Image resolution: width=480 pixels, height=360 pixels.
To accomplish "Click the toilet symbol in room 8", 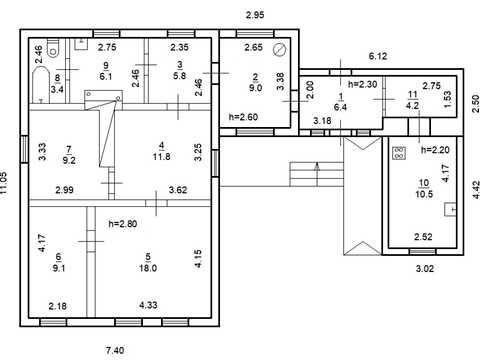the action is click(x=53, y=48).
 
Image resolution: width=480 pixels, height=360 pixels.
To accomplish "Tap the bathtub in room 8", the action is click(x=41, y=85).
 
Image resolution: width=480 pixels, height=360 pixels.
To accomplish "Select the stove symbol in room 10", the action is click(x=399, y=153).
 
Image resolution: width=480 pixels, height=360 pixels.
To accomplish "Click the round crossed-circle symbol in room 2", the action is click(x=279, y=50).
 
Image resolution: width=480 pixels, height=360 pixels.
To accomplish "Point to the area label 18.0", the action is click(x=148, y=268).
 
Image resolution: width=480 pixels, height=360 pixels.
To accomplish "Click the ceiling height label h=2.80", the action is click(x=123, y=224).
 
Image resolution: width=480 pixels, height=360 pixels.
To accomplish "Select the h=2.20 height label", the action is click(x=435, y=150).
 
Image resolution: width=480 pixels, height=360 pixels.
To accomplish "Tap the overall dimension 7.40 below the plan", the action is click(x=115, y=350).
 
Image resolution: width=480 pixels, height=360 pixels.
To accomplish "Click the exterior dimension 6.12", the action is click(x=378, y=56).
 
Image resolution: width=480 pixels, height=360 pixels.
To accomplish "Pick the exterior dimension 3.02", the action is click(x=425, y=268).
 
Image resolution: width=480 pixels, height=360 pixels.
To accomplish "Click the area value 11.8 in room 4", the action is click(x=162, y=156).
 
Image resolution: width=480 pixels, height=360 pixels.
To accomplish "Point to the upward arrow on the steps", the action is click(x=317, y=174).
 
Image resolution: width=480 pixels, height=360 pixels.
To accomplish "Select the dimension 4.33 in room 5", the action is click(x=148, y=305).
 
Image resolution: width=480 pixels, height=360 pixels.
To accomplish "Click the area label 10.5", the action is click(x=424, y=194).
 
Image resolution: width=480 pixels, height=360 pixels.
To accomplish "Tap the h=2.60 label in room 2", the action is click(x=243, y=117).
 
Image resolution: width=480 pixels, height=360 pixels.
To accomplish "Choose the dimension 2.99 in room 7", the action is click(x=64, y=190).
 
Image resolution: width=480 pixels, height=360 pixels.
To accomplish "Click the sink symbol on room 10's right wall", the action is click(x=450, y=209).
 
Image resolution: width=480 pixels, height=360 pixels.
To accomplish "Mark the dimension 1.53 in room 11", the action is click(x=448, y=99).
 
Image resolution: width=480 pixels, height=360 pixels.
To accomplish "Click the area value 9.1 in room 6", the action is click(x=59, y=268).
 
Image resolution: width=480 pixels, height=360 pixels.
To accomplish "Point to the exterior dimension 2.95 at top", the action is click(x=255, y=15).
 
